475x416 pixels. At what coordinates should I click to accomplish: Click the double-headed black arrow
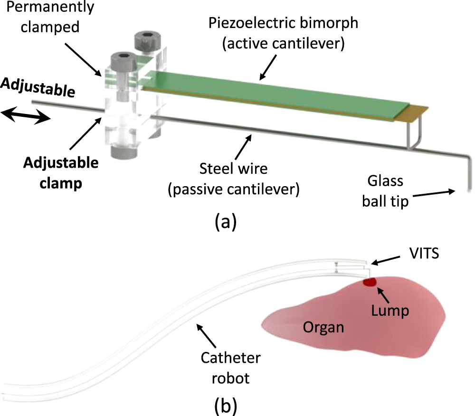pos(25,116)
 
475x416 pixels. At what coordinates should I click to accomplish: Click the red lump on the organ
pos(369,282)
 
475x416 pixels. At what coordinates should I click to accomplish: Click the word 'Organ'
pos(323,327)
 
